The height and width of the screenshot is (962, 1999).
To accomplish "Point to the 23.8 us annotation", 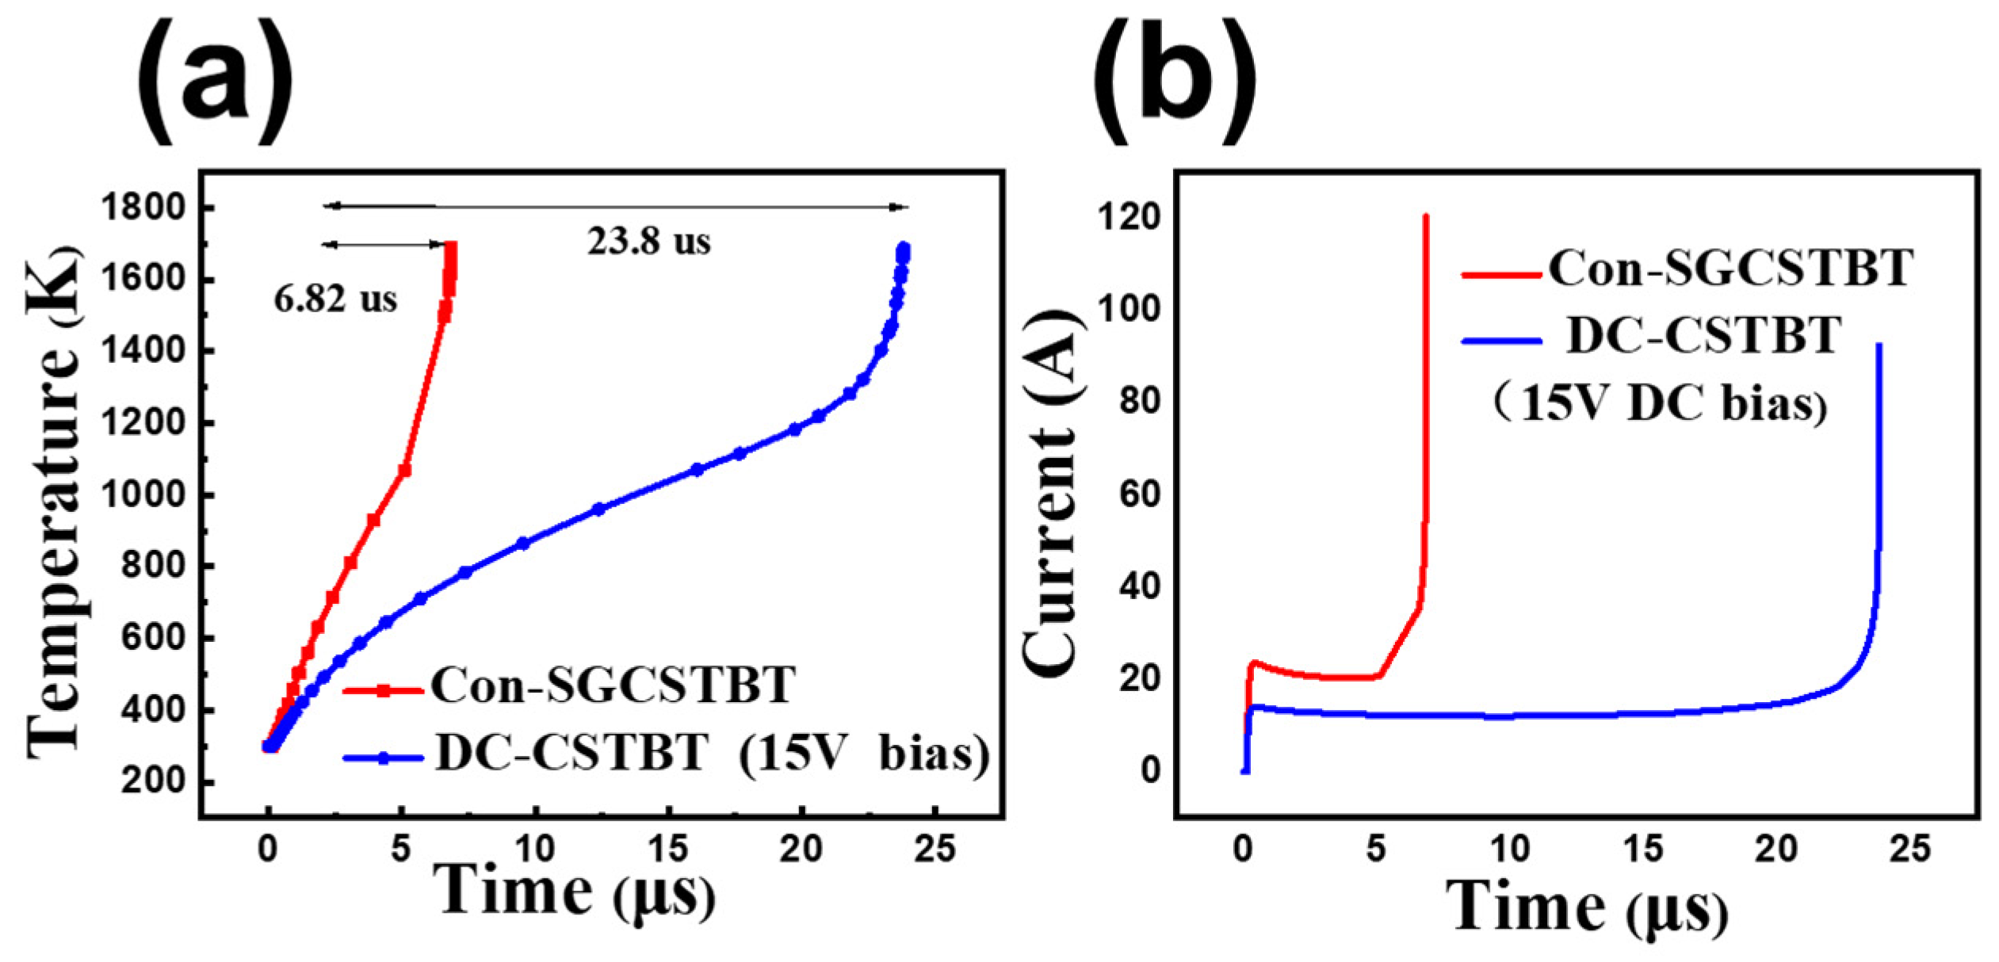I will pos(648,242).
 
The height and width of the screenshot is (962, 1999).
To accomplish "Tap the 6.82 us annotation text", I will pos(335,300).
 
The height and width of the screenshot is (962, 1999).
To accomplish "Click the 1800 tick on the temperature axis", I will pos(143,208).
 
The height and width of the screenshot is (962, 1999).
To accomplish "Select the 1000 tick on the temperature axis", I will pos(143,495).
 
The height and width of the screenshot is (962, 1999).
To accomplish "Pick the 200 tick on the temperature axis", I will pos(153,781).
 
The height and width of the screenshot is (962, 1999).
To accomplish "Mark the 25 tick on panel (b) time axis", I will pos(1910,849).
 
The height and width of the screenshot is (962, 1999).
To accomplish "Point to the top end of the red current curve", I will pos(1426,216).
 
